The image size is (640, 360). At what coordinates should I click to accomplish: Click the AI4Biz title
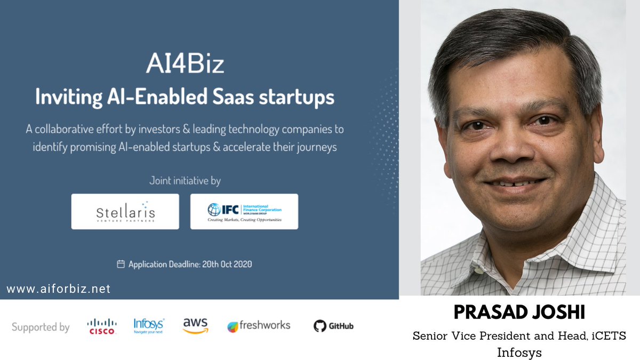[x=185, y=65]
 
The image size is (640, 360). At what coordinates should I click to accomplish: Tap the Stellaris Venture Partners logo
[x=125, y=211]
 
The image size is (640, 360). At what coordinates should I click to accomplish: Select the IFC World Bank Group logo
[x=244, y=211]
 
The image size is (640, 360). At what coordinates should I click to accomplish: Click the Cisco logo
[x=101, y=326]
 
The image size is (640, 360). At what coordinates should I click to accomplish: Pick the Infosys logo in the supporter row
[x=149, y=325]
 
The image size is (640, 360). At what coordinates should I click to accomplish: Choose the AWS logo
[x=195, y=325]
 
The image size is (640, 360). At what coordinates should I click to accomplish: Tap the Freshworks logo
[x=259, y=326]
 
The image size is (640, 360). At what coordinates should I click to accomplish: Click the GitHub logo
[x=333, y=326]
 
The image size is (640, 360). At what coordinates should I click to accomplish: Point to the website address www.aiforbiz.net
[x=59, y=289]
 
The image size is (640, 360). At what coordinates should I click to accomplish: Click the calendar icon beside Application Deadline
[x=121, y=264]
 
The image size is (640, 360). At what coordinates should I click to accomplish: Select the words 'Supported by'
[x=41, y=327]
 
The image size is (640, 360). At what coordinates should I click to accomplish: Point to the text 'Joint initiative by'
[x=185, y=181]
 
